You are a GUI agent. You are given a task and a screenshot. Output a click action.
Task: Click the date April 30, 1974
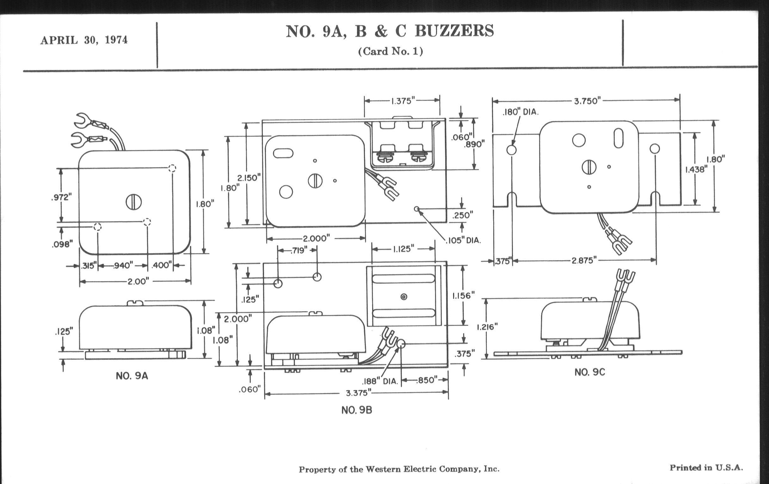(x=84, y=40)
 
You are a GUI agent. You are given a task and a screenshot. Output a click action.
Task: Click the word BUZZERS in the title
(x=454, y=31)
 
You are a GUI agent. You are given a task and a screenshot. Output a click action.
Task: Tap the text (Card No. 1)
(x=390, y=52)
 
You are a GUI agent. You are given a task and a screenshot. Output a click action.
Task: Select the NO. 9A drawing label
(x=132, y=376)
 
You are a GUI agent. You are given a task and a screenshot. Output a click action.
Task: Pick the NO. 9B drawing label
(x=357, y=410)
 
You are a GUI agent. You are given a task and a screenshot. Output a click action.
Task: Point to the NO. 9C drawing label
(x=589, y=372)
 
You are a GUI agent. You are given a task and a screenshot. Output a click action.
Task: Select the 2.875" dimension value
(x=584, y=261)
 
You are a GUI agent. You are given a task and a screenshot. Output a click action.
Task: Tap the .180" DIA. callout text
(x=520, y=112)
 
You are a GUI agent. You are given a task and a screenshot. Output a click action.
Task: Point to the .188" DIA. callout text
(x=380, y=382)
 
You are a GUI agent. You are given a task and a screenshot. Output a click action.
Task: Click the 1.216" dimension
(x=487, y=327)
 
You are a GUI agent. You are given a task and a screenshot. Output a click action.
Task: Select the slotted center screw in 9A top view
(x=133, y=202)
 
